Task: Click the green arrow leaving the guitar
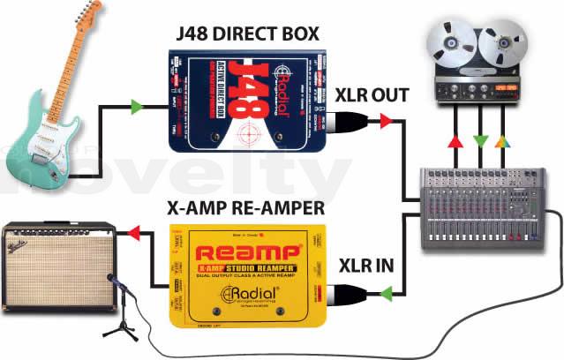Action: [x=137, y=108]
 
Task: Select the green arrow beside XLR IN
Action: [x=386, y=291]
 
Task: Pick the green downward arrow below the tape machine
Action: [x=478, y=140]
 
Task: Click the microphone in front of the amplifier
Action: [x=112, y=281]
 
